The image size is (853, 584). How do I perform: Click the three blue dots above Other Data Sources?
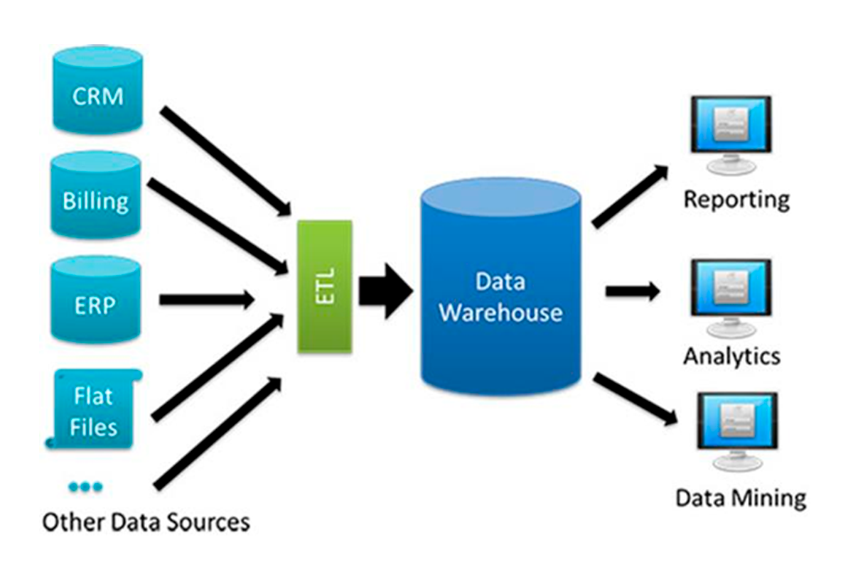86,487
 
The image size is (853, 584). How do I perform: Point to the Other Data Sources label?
146,522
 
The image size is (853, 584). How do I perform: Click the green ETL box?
325,286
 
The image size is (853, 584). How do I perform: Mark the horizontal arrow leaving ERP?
206,300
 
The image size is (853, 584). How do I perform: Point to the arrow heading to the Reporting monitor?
630,196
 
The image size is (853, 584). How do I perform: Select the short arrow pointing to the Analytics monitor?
632,291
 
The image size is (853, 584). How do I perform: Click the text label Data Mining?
741,497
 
